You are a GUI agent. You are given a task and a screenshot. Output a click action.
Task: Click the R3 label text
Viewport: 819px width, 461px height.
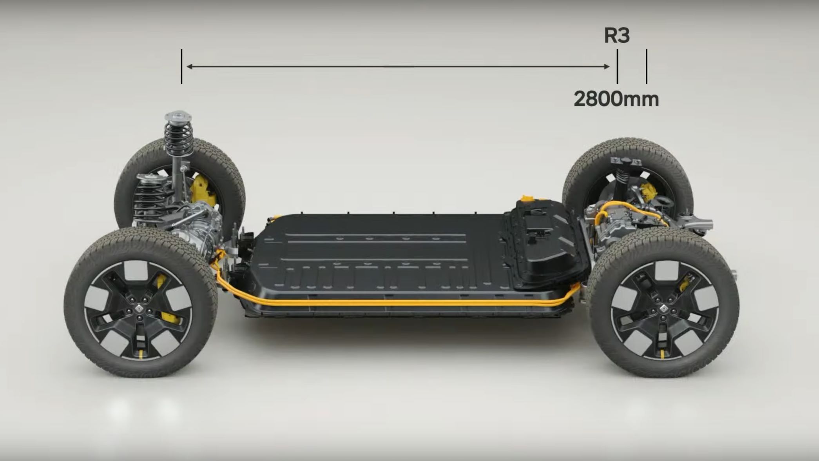tap(617, 35)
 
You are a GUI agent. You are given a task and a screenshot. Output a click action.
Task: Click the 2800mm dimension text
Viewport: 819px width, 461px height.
tap(616, 99)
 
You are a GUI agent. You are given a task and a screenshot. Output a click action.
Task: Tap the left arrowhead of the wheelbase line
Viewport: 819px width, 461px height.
tap(189, 67)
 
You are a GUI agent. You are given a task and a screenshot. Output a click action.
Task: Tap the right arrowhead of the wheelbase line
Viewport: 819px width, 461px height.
tap(607, 67)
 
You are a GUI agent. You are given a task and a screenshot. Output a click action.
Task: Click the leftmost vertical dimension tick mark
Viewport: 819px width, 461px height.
tap(181, 66)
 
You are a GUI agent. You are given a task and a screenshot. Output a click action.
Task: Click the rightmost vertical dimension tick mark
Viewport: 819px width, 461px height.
tap(647, 66)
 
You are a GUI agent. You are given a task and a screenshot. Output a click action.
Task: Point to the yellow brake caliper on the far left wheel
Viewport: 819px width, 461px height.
tap(202, 190)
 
